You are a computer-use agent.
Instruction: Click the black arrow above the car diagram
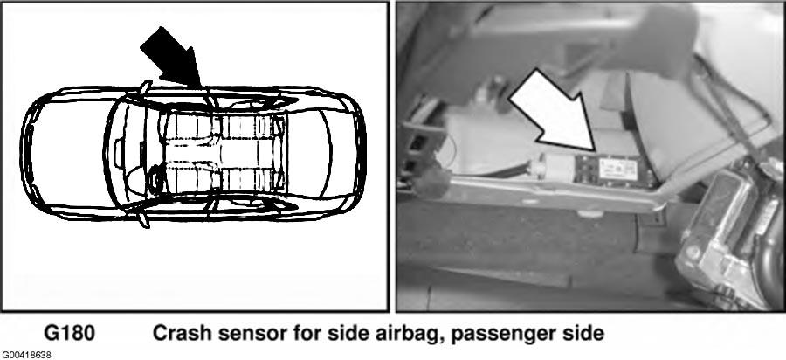pos(173,59)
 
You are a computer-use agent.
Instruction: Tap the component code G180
pos(70,334)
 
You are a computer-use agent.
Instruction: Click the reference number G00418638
pos(25,356)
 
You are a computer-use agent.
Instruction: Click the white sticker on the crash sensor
pos(617,168)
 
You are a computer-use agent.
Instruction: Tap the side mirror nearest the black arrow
pos(145,88)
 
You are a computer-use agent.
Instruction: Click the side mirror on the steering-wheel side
pos(144,219)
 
